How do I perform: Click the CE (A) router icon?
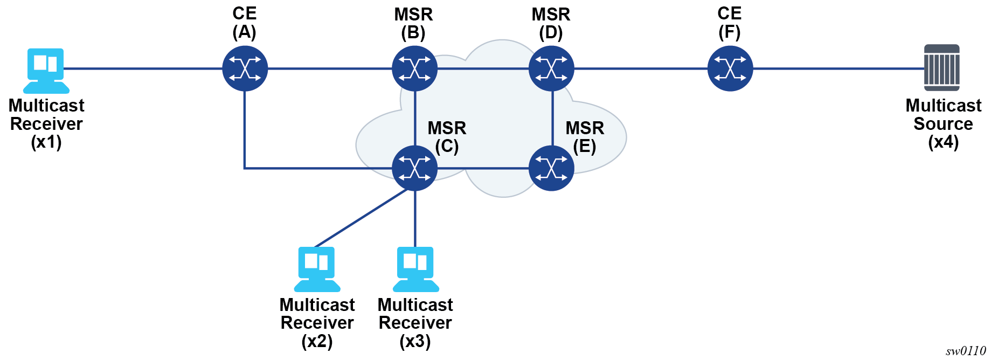(x=245, y=68)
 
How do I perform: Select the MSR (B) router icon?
(x=414, y=68)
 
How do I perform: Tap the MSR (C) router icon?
(x=414, y=168)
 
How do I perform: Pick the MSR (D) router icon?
(x=551, y=68)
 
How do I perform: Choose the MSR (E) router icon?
(x=551, y=168)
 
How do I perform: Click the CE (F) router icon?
(x=730, y=68)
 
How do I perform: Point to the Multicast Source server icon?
(x=941, y=68)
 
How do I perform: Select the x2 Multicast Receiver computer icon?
(x=317, y=269)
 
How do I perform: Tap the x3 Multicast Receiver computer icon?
(x=415, y=269)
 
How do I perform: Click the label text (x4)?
(x=943, y=142)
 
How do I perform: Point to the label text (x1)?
(x=46, y=142)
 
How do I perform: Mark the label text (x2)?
(x=317, y=342)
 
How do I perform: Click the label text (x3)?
(x=415, y=342)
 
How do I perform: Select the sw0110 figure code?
(x=965, y=351)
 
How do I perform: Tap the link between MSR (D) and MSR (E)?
(x=552, y=119)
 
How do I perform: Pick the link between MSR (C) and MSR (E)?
(x=483, y=168)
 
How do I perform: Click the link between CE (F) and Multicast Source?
(x=838, y=68)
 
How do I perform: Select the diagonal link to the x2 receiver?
(x=361, y=218)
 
